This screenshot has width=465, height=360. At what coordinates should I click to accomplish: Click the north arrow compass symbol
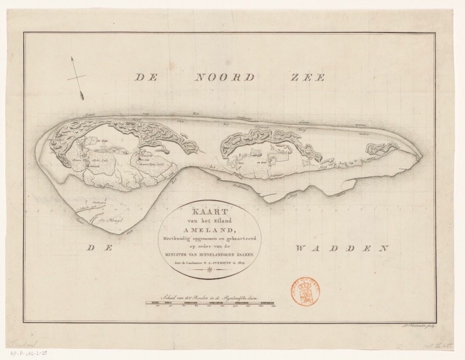[x=76, y=77]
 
